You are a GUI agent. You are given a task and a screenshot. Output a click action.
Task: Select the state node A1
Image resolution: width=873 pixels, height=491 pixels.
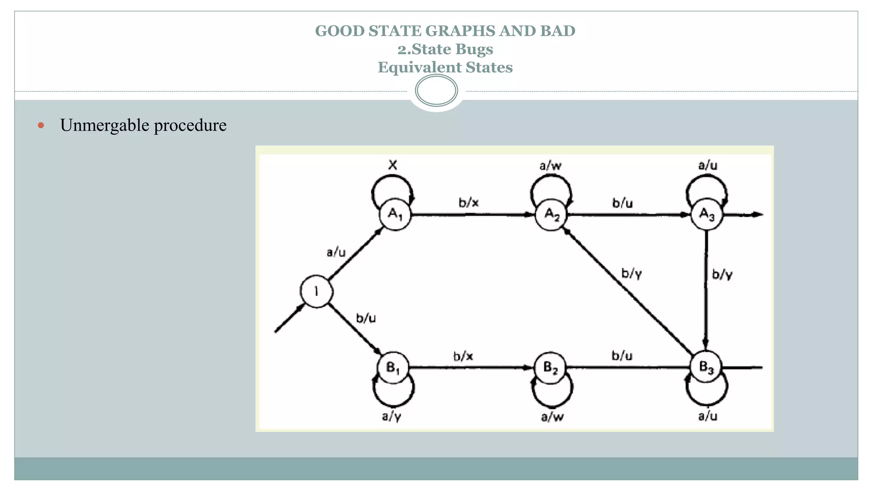coord(395,214)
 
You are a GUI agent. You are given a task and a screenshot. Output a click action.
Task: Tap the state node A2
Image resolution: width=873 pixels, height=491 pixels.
coord(551,214)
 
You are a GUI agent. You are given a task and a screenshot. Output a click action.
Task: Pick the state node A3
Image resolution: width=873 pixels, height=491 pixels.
coord(706,214)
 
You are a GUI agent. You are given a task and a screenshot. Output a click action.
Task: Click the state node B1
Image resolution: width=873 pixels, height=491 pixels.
coord(393,367)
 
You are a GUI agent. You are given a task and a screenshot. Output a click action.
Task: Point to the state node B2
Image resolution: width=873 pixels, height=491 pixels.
coord(550,367)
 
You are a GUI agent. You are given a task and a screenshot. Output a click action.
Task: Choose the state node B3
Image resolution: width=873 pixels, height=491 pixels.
coord(706,367)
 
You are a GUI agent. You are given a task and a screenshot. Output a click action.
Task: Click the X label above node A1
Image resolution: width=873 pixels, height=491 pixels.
coord(393,165)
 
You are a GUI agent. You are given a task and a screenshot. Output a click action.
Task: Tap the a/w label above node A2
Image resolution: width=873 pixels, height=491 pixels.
coord(550,165)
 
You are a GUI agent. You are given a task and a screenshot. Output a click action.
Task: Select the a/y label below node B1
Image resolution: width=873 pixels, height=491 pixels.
coord(391,416)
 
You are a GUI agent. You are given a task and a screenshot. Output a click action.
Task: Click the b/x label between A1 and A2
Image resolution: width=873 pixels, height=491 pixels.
coord(468,202)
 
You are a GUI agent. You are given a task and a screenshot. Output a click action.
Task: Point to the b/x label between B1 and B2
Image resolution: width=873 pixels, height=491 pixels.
coord(463,356)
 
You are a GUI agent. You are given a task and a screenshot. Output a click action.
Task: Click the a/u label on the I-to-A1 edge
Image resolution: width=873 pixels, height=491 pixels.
coord(336,252)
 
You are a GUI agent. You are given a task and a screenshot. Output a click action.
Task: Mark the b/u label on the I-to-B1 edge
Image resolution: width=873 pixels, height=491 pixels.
coord(366,318)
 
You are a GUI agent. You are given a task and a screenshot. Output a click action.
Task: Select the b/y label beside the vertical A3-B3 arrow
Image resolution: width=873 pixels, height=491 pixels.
coord(722,274)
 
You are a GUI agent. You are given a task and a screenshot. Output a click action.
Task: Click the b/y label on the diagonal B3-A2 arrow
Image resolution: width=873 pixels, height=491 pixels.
coord(631,273)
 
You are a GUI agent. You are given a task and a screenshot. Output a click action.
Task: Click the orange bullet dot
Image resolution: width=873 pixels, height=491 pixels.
coord(41,125)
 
